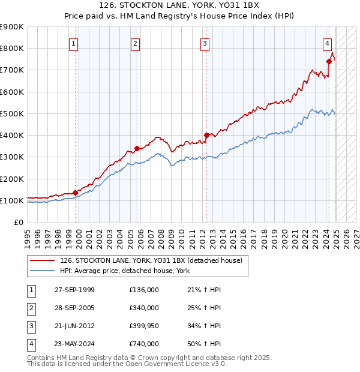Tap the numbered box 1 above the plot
[73, 43]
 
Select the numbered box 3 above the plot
[205, 43]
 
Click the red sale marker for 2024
[329, 61]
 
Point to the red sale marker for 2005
[137, 148]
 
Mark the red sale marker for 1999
[76, 193]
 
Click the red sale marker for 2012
[206, 135]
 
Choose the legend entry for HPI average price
[125, 271]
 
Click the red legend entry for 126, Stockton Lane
[151, 260]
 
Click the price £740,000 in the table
[144, 344]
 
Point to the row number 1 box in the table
[29, 290]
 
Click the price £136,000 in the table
[144, 290]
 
